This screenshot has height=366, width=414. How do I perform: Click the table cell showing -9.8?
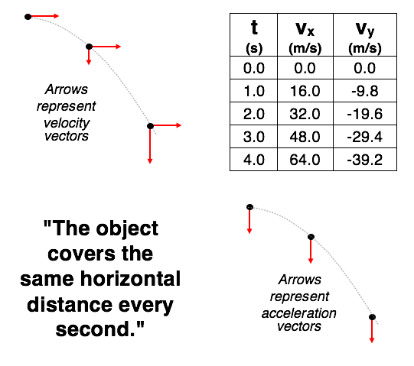(x=365, y=91)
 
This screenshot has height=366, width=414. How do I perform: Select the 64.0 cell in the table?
(x=305, y=160)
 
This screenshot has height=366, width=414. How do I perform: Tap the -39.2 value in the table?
(x=365, y=160)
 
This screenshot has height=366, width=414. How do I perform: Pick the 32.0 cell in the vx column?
(x=305, y=114)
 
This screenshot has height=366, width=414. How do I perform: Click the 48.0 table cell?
(x=305, y=137)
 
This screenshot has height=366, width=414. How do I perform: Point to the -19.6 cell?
(x=365, y=114)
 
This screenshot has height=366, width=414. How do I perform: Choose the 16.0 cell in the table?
(x=305, y=91)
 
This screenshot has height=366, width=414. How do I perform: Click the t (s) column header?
(x=254, y=35)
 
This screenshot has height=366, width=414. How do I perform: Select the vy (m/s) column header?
(x=365, y=35)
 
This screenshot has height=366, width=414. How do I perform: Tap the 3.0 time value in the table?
(x=254, y=137)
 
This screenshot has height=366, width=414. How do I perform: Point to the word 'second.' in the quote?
(x=100, y=329)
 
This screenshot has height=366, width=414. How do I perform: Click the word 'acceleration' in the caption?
(x=299, y=313)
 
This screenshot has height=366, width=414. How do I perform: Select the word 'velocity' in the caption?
(x=67, y=123)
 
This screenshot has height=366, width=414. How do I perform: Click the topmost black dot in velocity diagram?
(x=28, y=17)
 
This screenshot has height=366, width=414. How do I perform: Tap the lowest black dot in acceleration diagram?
(x=372, y=316)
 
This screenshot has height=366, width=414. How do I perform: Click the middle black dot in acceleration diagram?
(x=311, y=237)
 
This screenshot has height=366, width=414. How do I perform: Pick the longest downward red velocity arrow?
(x=150, y=144)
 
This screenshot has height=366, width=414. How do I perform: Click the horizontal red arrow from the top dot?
(x=44, y=16)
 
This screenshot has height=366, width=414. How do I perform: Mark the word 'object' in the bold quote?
(x=127, y=229)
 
